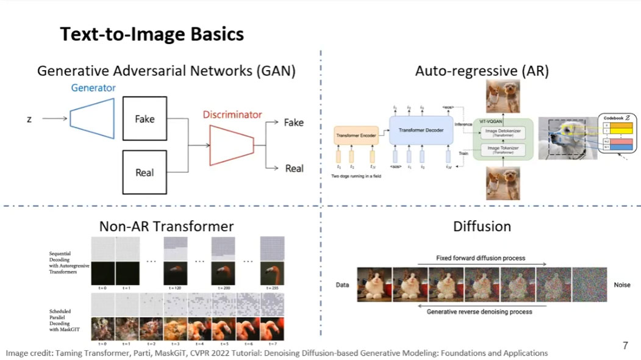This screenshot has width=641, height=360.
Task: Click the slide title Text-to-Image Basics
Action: pyautogui.click(x=152, y=34)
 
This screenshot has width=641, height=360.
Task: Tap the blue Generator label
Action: pyautogui.click(x=93, y=87)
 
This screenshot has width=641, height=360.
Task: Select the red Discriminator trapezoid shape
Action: pyautogui.click(x=232, y=144)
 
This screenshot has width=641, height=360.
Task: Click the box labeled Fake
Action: pyautogui.click(x=145, y=119)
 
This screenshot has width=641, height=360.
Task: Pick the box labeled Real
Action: pyautogui.click(x=145, y=173)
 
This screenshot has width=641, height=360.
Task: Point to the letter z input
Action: pyautogui.click(x=29, y=119)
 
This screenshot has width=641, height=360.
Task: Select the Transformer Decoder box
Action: pyautogui.click(x=421, y=131)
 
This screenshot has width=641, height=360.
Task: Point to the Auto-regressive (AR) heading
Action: pyautogui.click(x=482, y=71)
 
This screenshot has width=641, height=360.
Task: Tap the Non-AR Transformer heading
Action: pyautogui.click(x=167, y=226)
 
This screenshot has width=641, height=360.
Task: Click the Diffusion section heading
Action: pyautogui.click(x=482, y=226)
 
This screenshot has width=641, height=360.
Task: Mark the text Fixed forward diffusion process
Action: pyautogui.click(x=481, y=258)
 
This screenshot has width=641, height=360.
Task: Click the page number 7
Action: pyautogui.click(x=625, y=346)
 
